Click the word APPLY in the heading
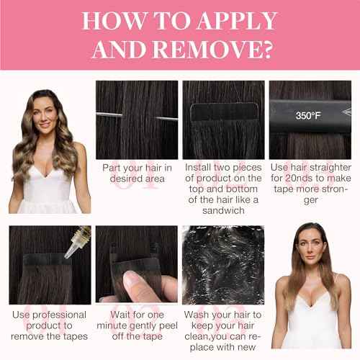coord(237,21)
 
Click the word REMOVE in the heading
coord(207,50)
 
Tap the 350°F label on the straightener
coord(308,116)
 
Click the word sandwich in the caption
coord(223,210)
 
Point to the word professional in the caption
coord(59,315)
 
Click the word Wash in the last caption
coord(194,315)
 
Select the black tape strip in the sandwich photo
coord(224,112)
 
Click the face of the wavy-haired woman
coord(44,115)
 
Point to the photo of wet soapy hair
coord(223,265)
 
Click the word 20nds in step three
coord(299,179)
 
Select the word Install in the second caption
coord(198,168)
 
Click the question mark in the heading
coord(266,50)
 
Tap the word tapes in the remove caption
coord(76,336)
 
